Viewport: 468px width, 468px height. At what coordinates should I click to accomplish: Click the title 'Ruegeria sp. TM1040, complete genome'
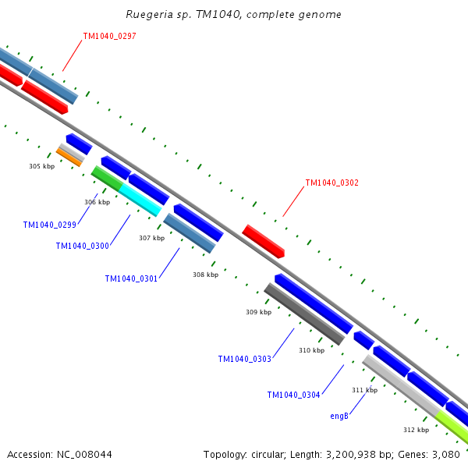233,15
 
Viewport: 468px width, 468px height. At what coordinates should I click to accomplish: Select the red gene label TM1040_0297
109,36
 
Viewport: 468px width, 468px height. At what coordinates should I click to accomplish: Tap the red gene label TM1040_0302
331,183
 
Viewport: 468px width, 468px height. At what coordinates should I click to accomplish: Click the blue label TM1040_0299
49,225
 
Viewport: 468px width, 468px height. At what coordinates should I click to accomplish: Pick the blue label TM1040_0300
82,246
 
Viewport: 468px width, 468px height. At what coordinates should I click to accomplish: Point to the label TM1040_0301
131,278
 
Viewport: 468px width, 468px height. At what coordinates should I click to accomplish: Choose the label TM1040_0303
244,360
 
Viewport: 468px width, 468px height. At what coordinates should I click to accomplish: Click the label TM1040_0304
293,395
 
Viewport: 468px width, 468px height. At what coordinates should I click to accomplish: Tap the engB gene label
339,416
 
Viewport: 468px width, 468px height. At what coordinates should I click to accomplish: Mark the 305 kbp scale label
41,166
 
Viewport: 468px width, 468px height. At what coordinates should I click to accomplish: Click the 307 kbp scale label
151,238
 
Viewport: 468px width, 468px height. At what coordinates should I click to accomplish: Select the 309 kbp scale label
258,312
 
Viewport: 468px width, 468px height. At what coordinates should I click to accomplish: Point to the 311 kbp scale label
364,390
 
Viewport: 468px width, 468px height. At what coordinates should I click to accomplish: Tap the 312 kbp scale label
416,430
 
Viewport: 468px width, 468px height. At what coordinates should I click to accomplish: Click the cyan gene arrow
140,200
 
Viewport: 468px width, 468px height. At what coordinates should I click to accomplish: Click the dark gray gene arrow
303,314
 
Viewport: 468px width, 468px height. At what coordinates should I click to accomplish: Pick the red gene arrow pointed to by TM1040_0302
263,241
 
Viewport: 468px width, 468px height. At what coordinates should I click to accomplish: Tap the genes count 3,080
444,454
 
